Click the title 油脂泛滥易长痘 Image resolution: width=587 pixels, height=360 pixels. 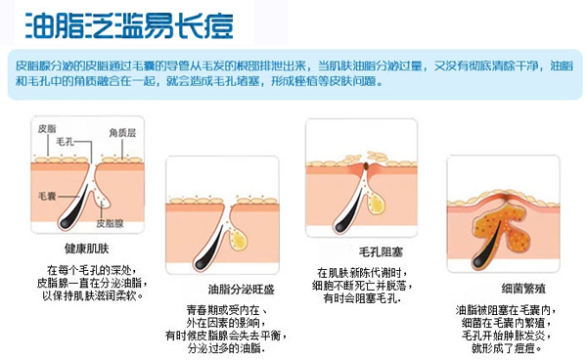click(x=129, y=25)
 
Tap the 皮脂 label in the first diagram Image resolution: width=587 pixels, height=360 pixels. click(x=47, y=129)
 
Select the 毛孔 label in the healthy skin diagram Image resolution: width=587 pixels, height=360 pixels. click(x=65, y=142)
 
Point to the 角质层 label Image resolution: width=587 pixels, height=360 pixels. click(x=122, y=133)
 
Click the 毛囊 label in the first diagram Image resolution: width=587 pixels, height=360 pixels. click(x=47, y=196)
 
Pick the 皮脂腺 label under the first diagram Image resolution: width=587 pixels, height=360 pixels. click(x=110, y=223)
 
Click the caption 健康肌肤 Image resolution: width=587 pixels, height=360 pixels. click(x=86, y=248)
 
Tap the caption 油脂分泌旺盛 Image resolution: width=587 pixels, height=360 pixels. click(x=242, y=289)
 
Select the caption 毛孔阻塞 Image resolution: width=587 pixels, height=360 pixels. click(x=381, y=252)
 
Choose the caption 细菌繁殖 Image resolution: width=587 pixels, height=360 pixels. click(x=523, y=289)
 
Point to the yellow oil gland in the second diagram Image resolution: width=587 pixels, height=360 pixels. click(x=239, y=240)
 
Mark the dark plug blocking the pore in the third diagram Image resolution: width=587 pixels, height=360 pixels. click(x=366, y=166)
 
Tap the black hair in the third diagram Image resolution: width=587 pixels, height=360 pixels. click(x=349, y=210)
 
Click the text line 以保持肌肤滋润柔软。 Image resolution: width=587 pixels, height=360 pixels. click(x=93, y=295)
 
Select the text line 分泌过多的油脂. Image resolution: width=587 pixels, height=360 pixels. click(x=227, y=348)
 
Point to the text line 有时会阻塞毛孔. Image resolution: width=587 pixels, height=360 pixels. click(x=362, y=298)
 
